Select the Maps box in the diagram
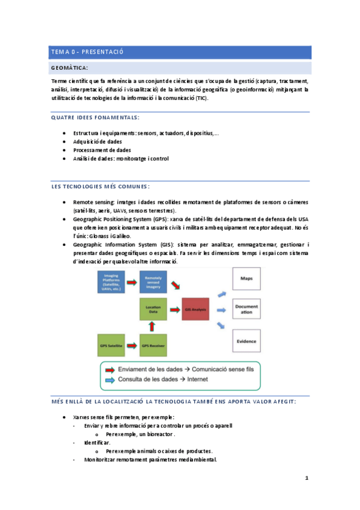coord(246,279)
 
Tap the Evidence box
coord(246,340)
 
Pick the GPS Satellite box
coord(112,346)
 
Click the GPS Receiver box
coord(153,346)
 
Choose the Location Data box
coord(153,310)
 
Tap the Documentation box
coord(246,310)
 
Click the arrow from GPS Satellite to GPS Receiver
coord(132,346)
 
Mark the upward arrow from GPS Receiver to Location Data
coord(153,328)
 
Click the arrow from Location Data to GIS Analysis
coord(174,310)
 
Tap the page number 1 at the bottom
coord(307,478)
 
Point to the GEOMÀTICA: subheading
coord(70,68)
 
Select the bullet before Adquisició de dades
coord(64,141)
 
